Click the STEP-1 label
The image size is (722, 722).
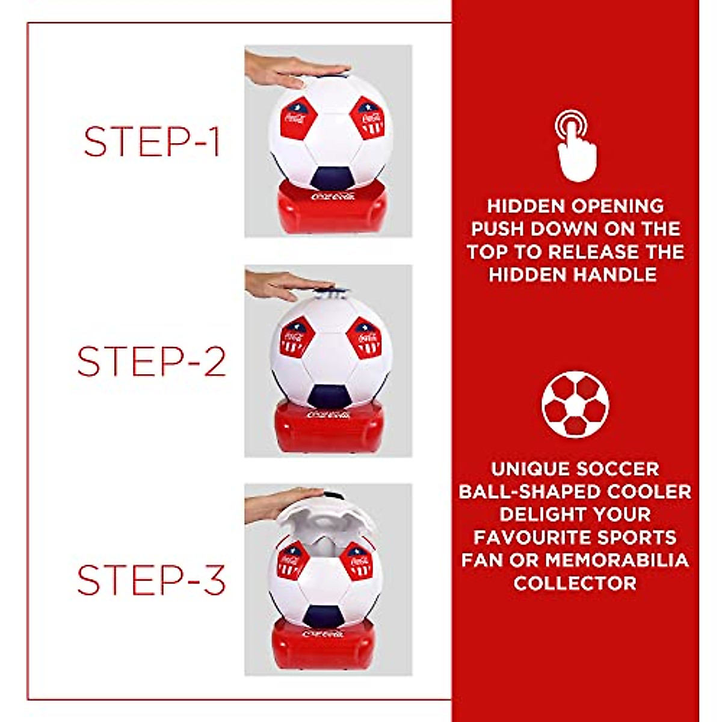coord(152,142)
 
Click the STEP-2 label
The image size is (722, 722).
coord(152,361)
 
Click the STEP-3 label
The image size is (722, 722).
coord(152,580)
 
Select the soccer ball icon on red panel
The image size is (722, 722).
coord(575,404)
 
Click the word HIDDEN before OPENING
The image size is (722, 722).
coord(526,206)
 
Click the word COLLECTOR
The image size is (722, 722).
coord(575,583)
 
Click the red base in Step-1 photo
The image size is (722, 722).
coord(331,208)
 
